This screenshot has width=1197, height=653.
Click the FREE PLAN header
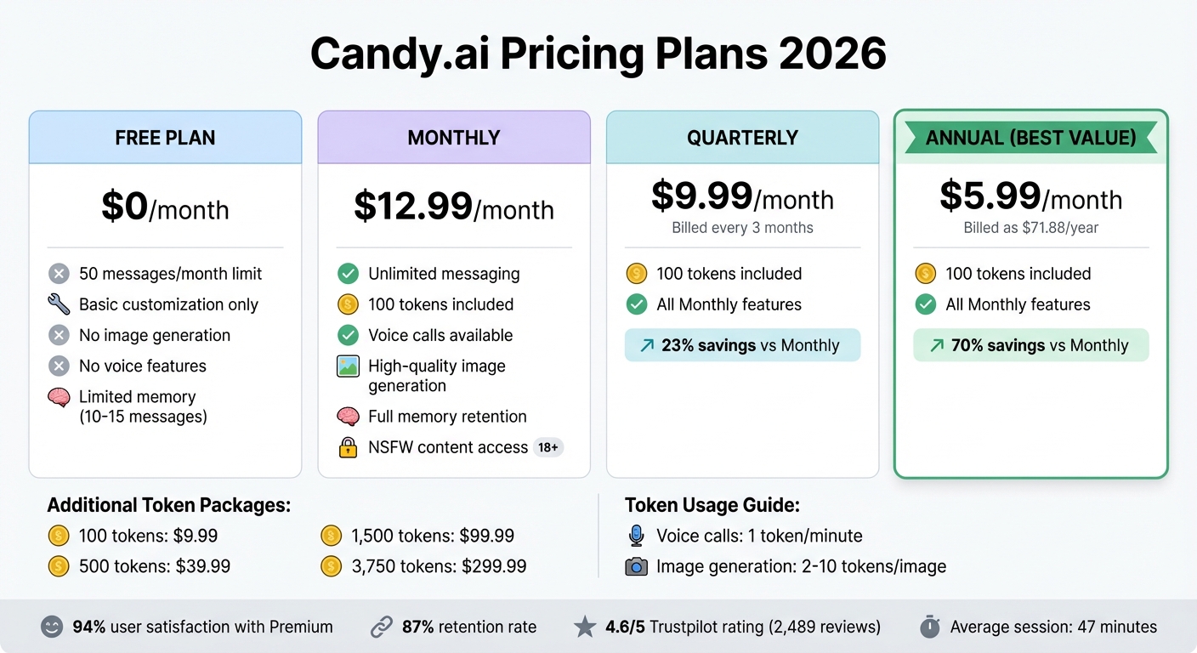coord(165,138)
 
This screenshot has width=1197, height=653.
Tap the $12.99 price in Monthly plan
coord(413,207)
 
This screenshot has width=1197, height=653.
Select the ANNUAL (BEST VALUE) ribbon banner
coord(1030,138)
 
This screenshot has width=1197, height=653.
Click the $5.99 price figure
coord(990,196)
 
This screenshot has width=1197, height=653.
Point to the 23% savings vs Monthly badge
coord(742,345)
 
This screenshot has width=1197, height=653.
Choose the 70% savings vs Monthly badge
coord(1030,345)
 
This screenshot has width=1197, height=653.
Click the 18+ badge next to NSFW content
coord(548,447)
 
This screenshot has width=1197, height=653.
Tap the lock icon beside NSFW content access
coord(348,447)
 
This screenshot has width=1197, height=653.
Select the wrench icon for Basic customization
coord(59,304)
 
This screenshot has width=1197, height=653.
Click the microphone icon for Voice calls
coord(636,536)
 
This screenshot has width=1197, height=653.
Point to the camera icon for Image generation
coord(636,566)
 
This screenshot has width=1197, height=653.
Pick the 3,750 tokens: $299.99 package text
coord(439,566)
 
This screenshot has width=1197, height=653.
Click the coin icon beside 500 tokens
coord(59,566)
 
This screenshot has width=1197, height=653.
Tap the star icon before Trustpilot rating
coord(584,627)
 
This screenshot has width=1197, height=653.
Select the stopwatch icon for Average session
coord(930,627)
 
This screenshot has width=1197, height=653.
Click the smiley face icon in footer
coord(52,627)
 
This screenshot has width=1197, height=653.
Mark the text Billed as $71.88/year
coord(1030,228)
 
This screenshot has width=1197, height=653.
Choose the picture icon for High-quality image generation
coord(348,366)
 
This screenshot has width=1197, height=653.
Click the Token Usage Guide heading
coord(712,505)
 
